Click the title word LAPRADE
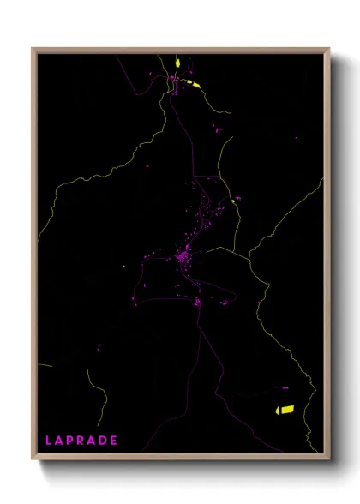point(81,441)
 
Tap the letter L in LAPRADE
point(48,441)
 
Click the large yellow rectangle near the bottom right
point(284,409)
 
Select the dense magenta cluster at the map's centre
point(182,255)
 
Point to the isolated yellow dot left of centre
point(124,267)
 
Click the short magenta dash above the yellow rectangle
point(285,387)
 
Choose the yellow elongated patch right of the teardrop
point(195,84)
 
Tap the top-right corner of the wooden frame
point(329,49)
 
